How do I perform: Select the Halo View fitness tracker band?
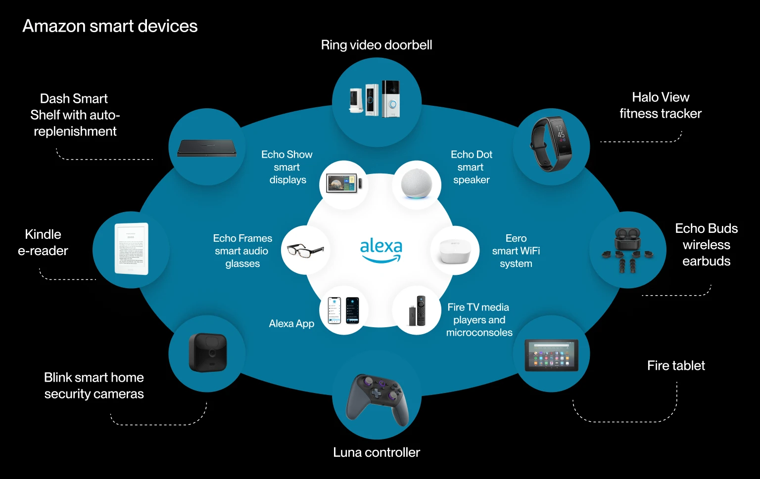click(551, 144)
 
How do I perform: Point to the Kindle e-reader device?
click(131, 249)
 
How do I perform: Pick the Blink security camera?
click(207, 352)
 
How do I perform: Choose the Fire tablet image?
click(551, 355)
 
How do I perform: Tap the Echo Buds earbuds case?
click(627, 239)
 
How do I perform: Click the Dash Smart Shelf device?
click(207, 148)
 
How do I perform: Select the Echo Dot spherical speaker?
click(416, 184)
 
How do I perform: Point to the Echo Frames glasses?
click(305, 250)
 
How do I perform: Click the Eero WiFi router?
click(455, 251)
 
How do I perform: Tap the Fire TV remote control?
click(421, 310)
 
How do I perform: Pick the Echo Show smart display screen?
click(341, 183)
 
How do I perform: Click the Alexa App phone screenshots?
click(343, 310)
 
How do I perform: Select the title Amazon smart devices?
click(110, 26)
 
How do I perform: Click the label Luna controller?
click(376, 452)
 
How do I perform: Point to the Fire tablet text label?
click(676, 366)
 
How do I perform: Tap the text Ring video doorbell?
click(376, 45)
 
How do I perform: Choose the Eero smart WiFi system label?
click(516, 251)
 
